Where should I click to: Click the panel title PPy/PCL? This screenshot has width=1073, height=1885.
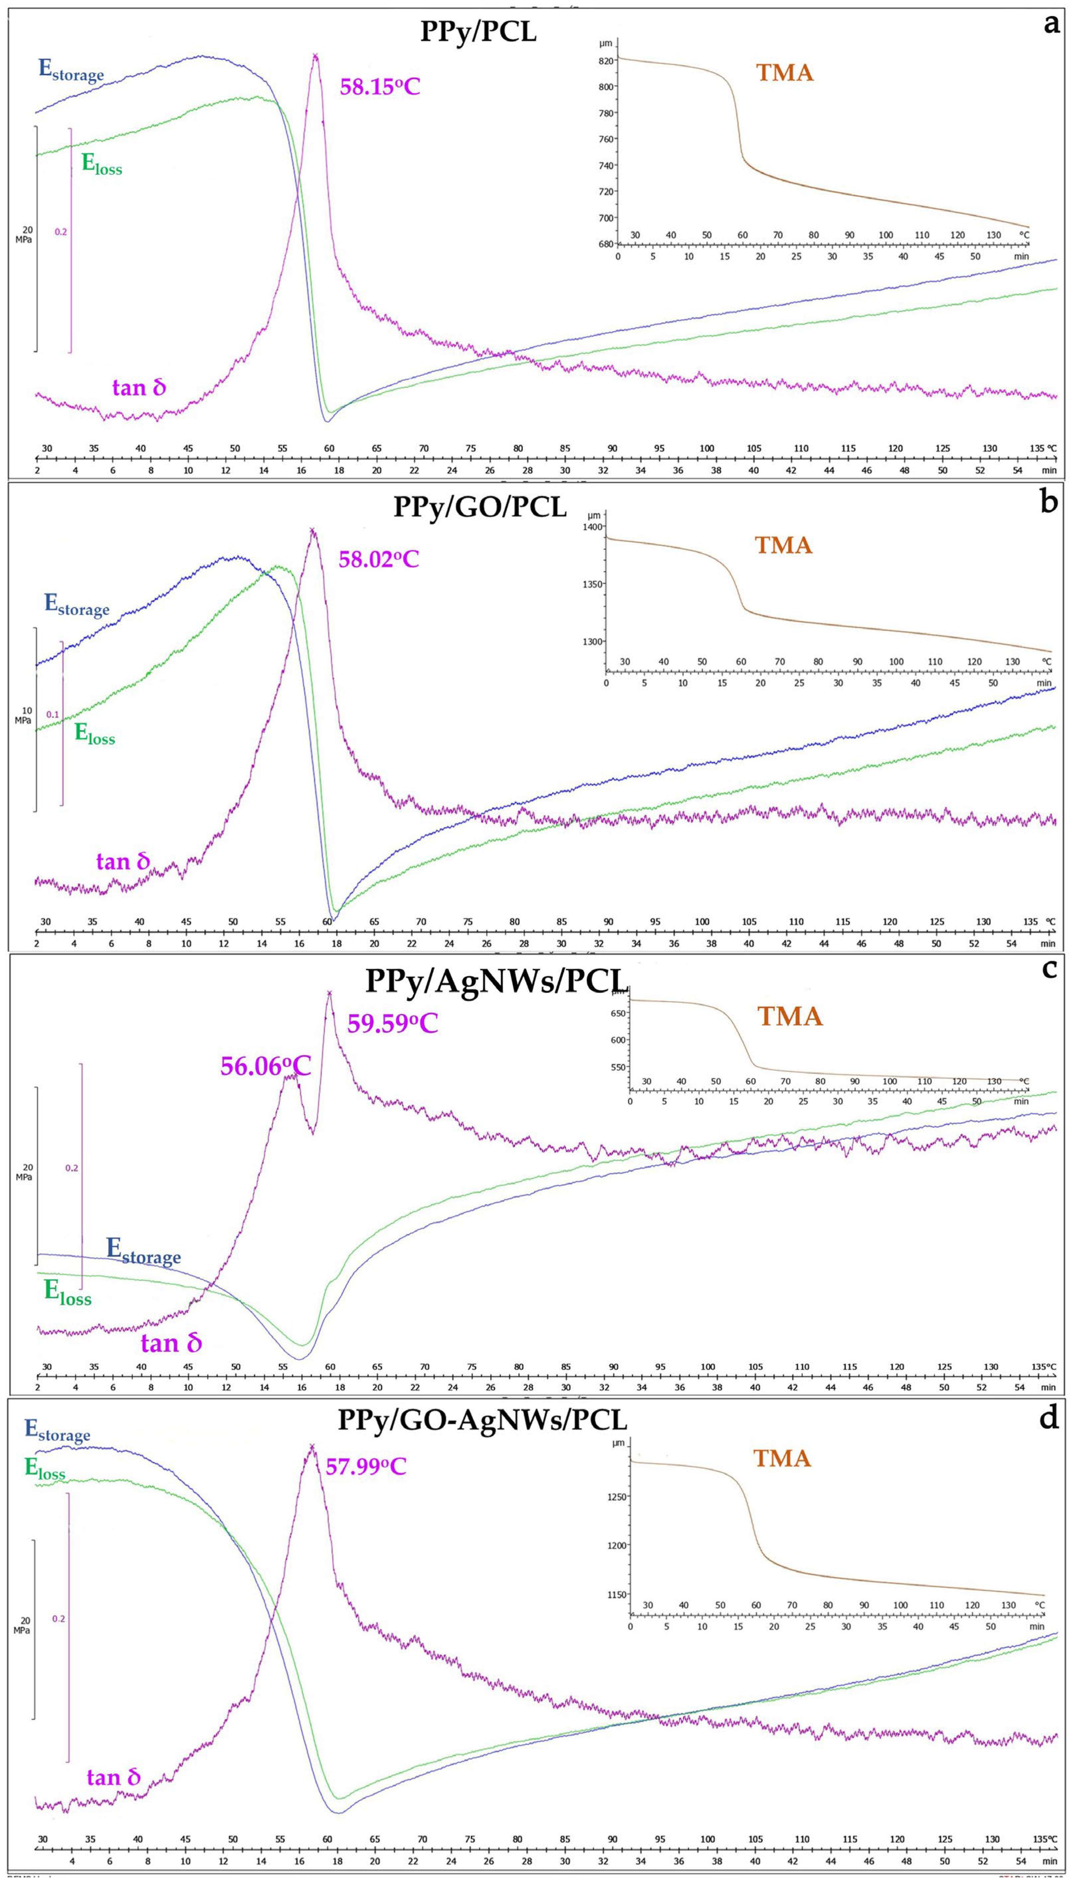(478, 33)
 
